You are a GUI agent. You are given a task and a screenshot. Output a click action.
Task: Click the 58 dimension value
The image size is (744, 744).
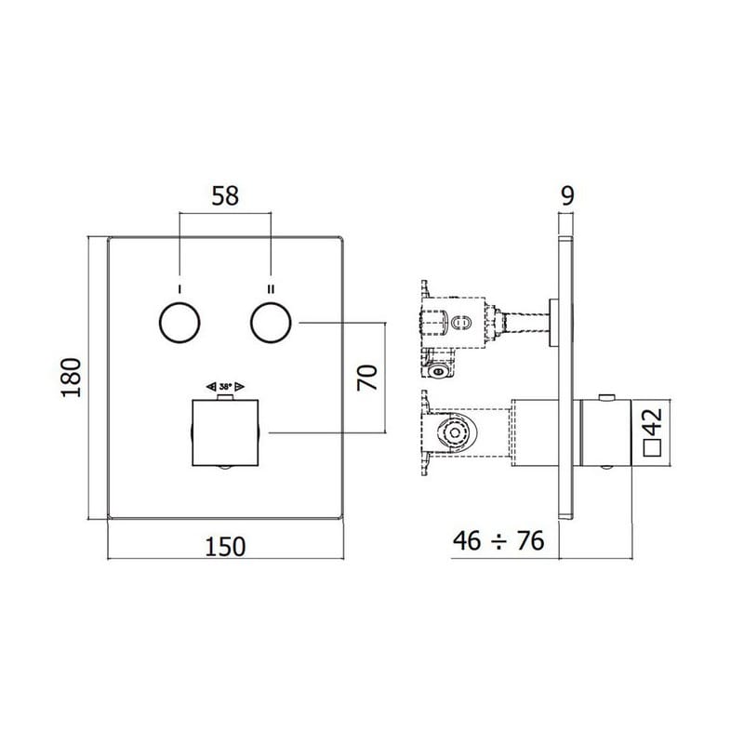[225, 196]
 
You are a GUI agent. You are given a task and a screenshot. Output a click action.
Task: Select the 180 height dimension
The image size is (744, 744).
[72, 378]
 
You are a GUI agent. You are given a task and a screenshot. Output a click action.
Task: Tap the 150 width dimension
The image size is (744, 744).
[225, 546]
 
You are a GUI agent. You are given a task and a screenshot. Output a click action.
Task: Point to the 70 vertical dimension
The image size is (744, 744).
[367, 378]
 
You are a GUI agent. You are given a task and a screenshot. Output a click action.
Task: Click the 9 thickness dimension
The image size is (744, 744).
[567, 195]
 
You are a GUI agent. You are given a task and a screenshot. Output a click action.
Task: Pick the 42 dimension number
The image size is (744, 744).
[654, 421]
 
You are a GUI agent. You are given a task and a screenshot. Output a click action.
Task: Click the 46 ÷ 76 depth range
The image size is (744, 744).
[498, 541]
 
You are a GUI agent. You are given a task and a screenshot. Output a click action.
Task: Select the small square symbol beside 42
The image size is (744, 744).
[653, 448]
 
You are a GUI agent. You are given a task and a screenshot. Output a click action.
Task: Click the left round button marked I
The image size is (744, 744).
[179, 322]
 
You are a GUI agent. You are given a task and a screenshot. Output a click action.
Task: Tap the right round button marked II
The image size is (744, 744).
[271, 322]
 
